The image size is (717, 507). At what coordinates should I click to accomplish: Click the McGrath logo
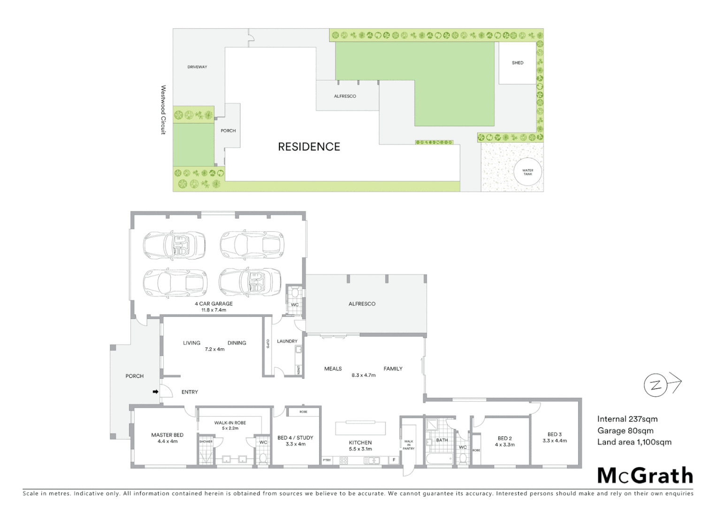coord(645,476)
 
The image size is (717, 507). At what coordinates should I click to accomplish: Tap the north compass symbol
coord(656,385)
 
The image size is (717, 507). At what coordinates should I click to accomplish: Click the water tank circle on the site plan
coord(528,172)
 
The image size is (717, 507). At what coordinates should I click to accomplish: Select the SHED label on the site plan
coord(518,63)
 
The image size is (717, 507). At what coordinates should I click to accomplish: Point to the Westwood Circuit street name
coord(163,110)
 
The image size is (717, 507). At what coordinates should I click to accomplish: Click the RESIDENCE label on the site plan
coord(309,147)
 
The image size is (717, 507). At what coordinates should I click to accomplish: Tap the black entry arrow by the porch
coord(155,392)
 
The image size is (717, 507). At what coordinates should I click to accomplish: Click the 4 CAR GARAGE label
coord(214,304)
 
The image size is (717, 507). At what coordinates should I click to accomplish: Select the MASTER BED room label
coord(168,435)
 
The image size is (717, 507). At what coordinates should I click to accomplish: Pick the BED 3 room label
coord(555,434)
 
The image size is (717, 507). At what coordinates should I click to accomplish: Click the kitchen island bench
coord(360,429)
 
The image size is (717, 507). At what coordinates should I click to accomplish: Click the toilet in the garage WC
coord(295,292)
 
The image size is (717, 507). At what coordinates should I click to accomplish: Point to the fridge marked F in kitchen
coord(394,460)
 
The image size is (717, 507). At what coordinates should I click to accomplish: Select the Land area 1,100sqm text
coord(634,442)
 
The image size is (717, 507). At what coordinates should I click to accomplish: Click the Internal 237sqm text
coord(627,419)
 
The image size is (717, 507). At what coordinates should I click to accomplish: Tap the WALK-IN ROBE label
coord(230,422)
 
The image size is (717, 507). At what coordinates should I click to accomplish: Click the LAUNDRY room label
coord(287,341)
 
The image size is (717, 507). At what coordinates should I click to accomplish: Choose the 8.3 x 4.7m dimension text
coord(364,376)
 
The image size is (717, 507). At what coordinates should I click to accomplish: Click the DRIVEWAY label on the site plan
coord(197,67)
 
